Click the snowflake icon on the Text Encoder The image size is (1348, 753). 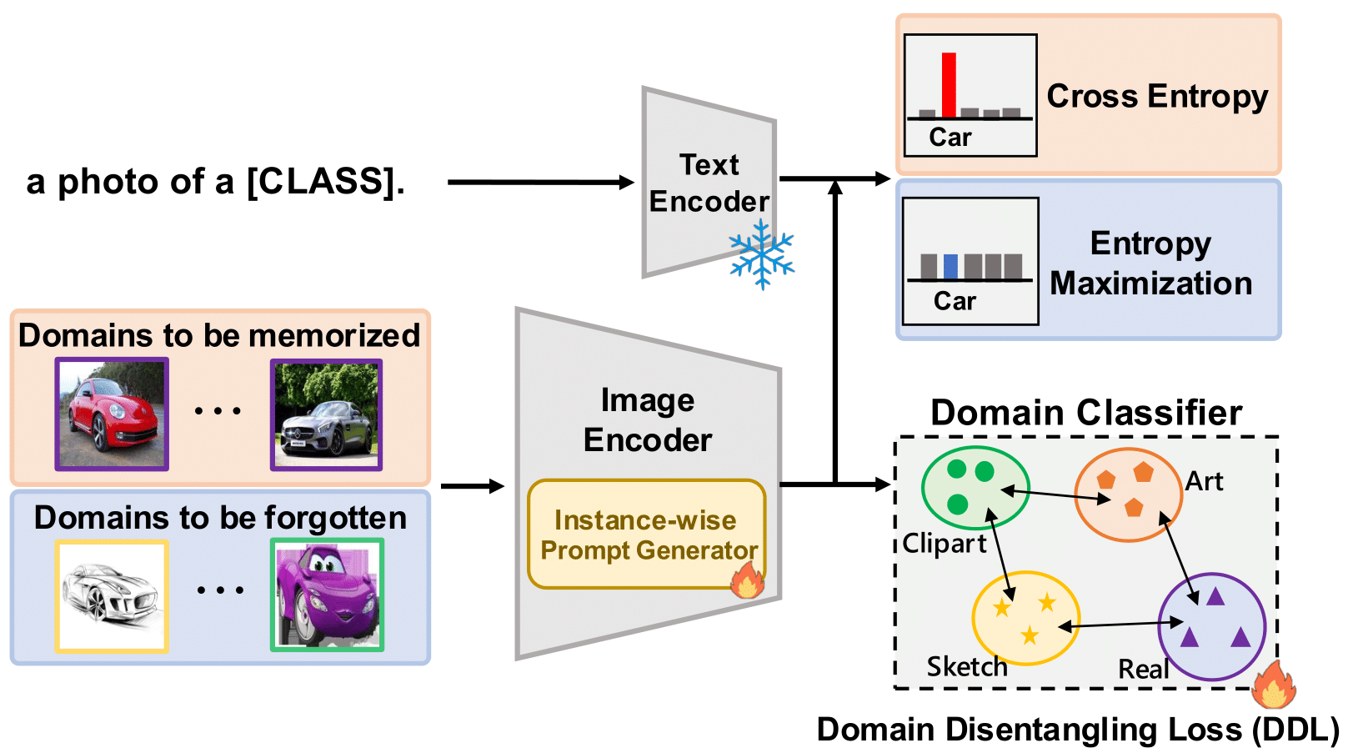pos(761,254)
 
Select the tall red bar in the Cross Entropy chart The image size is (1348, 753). pos(949,84)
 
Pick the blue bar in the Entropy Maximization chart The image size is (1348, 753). pos(950,267)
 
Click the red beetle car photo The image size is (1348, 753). pos(112,414)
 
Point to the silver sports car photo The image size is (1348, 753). pos(326,414)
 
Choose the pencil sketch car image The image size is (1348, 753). pos(112,595)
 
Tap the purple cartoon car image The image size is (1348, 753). pos(327,595)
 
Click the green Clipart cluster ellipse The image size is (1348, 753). pos(975,488)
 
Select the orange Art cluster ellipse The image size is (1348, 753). pos(1128,494)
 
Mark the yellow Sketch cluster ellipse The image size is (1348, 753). pos(1025,618)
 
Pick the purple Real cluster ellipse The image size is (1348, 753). pos(1212,626)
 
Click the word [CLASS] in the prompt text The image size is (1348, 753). pos(320,182)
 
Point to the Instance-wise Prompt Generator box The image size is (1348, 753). pos(646,535)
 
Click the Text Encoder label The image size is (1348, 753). pos(709,183)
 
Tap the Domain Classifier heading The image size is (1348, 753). pos(1085,413)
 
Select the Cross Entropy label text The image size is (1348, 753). pos(1157,96)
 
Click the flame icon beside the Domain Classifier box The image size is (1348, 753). pos(1272,685)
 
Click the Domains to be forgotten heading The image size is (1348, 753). pos(220,518)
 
